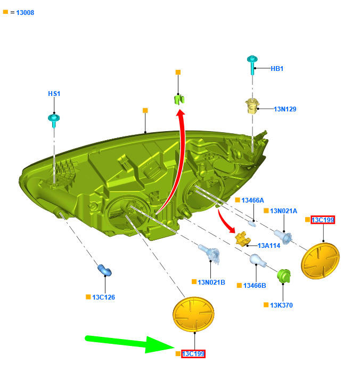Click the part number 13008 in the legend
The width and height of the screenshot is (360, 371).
[x=25, y=13]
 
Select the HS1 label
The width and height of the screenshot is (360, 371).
[x=54, y=94]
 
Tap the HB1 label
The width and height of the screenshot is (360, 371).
[x=277, y=69]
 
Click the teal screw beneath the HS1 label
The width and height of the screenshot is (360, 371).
[x=54, y=120]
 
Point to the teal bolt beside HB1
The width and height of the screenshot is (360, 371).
[x=252, y=64]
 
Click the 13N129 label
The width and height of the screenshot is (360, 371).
[x=285, y=109]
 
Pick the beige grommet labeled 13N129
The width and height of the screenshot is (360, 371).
[x=252, y=107]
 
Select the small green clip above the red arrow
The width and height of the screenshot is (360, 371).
[x=179, y=99]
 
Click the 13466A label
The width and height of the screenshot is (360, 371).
[x=252, y=200]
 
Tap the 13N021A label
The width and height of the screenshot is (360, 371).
[x=284, y=211]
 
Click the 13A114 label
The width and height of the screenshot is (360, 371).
[x=269, y=246]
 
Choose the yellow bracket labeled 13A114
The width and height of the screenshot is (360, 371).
[x=242, y=239]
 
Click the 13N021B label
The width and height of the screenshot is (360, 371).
[x=211, y=283]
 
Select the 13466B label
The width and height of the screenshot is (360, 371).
[x=255, y=286]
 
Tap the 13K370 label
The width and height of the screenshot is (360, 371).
[x=281, y=305]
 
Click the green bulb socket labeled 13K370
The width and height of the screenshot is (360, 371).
[x=284, y=276]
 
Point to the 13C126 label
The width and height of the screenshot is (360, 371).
[x=103, y=297]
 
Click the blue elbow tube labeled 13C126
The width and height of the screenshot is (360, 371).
[x=104, y=270]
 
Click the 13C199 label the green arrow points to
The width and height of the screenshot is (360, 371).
[x=193, y=354]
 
